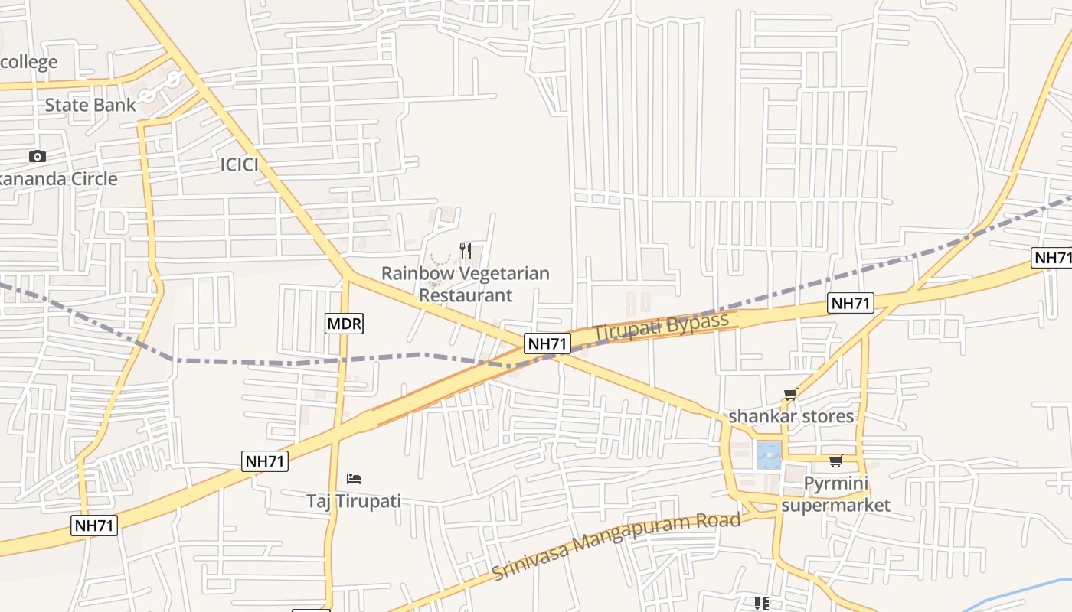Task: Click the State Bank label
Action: [x=90, y=105]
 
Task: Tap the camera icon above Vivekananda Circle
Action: [x=37, y=157]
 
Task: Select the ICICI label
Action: [x=239, y=164]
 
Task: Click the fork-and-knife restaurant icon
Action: [x=465, y=250]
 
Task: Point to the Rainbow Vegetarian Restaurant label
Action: [x=465, y=284]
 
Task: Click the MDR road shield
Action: [x=344, y=324]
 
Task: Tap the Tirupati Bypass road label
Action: [x=661, y=327]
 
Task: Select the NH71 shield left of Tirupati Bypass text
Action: [x=547, y=343]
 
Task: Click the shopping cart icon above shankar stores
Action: [x=790, y=395]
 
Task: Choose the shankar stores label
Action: [x=790, y=416]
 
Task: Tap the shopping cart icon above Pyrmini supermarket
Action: [x=835, y=461]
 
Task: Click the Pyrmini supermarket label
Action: [x=835, y=494]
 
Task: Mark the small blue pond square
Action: [x=769, y=455]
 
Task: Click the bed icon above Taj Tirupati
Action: [x=353, y=479]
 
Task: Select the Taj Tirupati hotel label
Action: [x=353, y=502]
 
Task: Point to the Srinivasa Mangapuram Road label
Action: [x=616, y=546]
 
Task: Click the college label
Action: [x=29, y=62]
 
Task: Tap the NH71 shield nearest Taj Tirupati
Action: [x=265, y=461]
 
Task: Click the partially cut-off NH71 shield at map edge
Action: [x=1053, y=258]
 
